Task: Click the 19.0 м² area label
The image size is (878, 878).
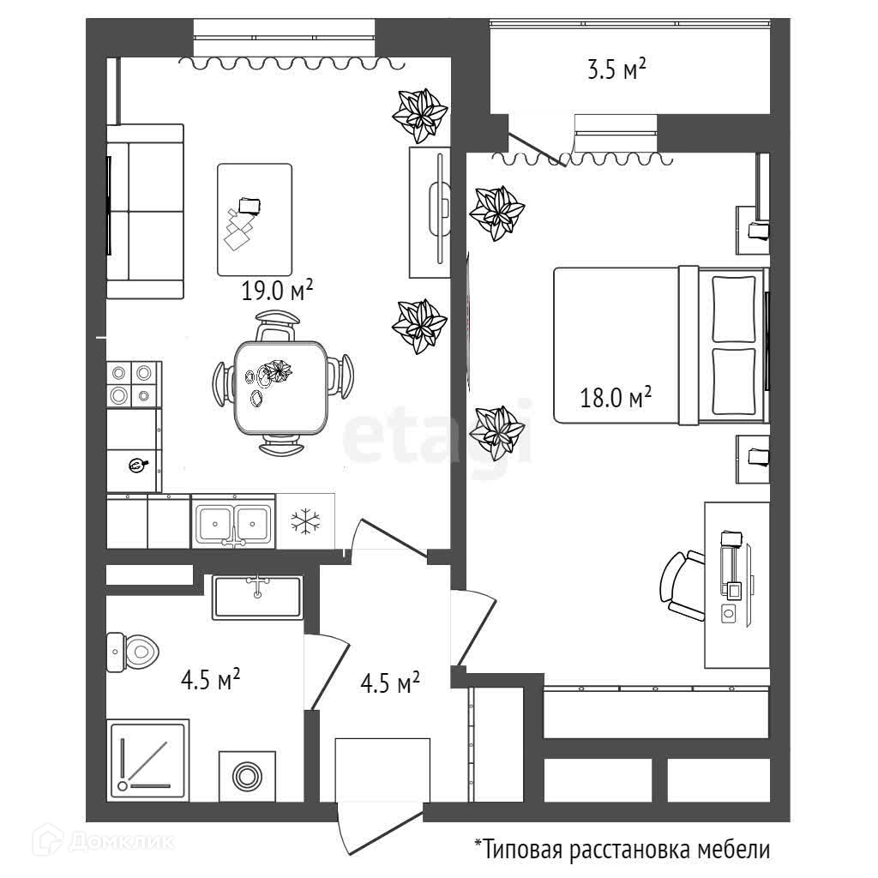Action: click(x=277, y=290)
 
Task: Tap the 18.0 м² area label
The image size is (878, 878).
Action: click(x=616, y=397)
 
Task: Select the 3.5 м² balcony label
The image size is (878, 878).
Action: click(x=616, y=69)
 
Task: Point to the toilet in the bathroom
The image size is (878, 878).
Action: click(x=133, y=652)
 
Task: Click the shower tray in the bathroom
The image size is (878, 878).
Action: click(x=147, y=760)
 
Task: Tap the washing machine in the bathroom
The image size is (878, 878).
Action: click(x=247, y=777)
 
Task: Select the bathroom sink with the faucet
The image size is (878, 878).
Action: click(x=257, y=597)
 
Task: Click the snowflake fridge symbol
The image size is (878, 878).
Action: click(x=305, y=521)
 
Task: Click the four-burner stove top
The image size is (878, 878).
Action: click(x=134, y=384)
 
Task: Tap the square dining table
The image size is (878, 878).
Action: click(x=280, y=388)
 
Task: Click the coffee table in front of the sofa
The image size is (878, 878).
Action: click(x=255, y=219)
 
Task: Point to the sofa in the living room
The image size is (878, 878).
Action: click(x=145, y=211)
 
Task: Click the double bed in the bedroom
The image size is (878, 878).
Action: click(x=661, y=345)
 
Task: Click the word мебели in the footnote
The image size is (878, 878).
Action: click(x=733, y=850)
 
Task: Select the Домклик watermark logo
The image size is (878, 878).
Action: click(x=103, y=840)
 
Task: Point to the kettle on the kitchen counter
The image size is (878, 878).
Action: click(x=137, y=464)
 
